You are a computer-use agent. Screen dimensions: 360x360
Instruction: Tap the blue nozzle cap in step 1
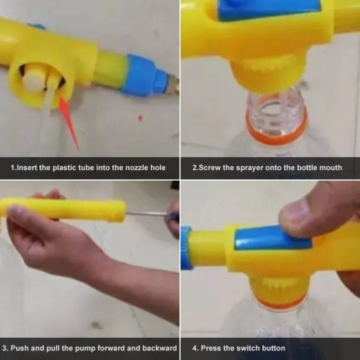[144, 75]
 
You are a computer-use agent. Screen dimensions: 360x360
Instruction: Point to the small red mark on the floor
[140, 118]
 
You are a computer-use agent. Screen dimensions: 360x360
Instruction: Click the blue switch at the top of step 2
[268, 8]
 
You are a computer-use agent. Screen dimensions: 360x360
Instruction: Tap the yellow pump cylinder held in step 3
[62, 209]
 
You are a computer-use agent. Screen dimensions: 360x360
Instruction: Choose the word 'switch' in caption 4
[249, 348]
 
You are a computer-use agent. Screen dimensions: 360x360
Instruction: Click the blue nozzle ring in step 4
[185, 248]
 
